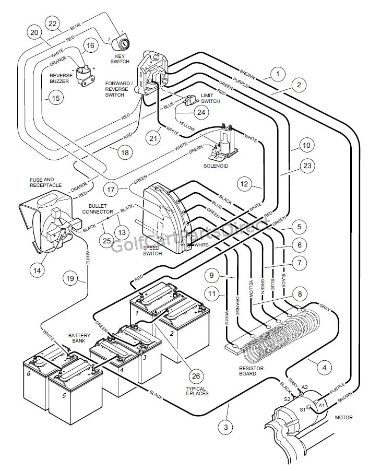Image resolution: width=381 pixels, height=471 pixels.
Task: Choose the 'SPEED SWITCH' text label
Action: [x=151, y=250]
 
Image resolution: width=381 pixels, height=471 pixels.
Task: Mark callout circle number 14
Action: [x=37, y=270]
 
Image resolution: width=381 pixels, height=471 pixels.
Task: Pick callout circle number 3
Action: [x=225, y=427]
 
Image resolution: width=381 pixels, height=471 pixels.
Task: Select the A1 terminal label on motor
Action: [x=322, y=404]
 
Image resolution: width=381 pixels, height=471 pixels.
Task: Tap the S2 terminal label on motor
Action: [x=287, y=399]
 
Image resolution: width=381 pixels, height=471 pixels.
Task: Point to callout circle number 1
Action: [x=278, y=75]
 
